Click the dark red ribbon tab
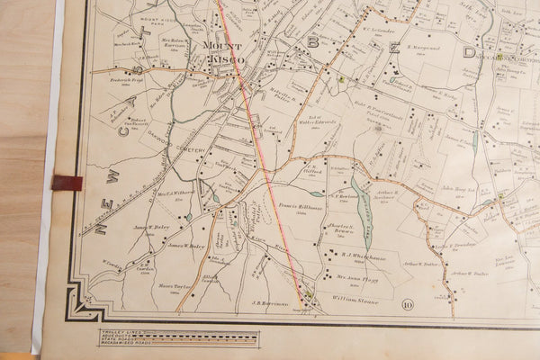click(67, 183)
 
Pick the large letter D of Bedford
click(468, 53)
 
